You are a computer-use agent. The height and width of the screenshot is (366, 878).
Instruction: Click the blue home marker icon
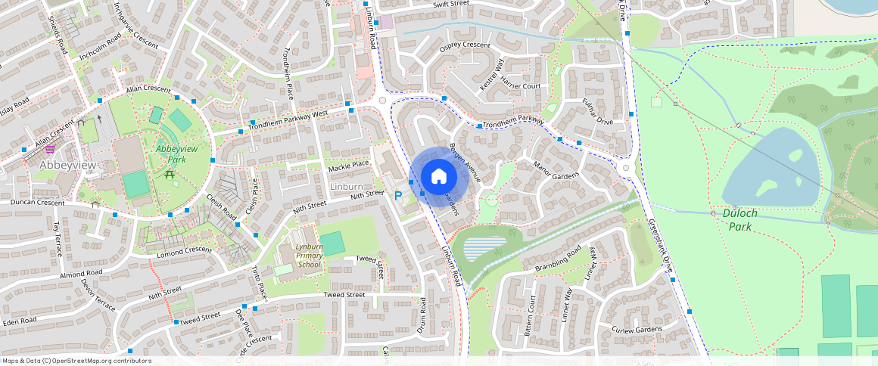click(x=438, y=177)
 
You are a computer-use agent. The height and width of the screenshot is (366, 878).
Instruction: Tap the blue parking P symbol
click(x=398, y=197)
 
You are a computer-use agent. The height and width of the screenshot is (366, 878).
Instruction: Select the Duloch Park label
click(x=740, y=219)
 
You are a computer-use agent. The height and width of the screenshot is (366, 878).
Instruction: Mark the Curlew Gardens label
click(x=637, y=329)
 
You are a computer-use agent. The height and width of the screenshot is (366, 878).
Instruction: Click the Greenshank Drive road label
click(x=661, y=246)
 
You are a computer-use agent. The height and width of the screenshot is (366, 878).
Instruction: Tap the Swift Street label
click(x=451, y=4)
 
